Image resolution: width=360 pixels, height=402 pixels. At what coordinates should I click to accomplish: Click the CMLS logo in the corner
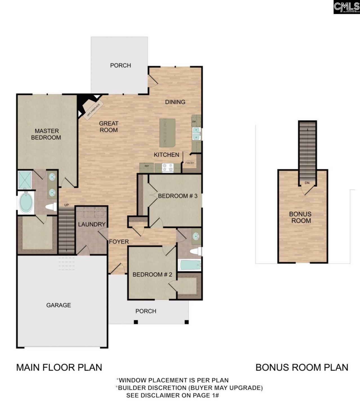coord(346,7)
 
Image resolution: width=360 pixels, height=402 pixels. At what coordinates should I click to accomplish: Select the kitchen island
coord(167,133)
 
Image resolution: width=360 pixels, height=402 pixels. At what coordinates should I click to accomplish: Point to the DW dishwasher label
coord(194,122)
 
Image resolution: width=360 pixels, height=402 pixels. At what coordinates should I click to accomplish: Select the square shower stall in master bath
coord(25,180)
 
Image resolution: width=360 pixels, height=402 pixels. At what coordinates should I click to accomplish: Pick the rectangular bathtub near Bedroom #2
coord(190,265)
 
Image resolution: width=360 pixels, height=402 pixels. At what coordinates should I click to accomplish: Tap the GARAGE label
coord(58,305)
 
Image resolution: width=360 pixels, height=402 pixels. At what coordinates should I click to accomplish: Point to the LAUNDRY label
coord(92,224)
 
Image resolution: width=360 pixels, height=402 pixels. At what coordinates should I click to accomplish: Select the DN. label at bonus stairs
coord(307,183)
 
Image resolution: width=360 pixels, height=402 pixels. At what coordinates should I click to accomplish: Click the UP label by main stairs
coord(66,205)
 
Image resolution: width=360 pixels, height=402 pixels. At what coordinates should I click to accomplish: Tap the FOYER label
coord(119,242)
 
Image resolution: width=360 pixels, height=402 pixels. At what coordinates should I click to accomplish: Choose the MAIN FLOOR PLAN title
coord(59,367)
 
